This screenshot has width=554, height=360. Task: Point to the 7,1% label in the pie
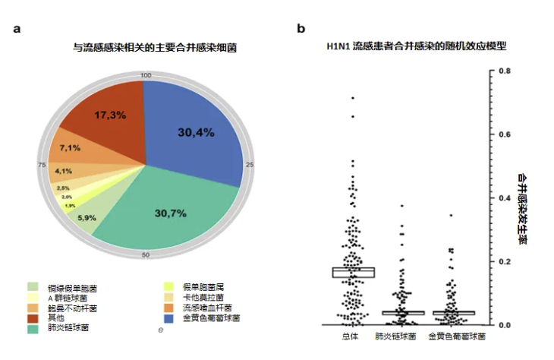click(70, 147)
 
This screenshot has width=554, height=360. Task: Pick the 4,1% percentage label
click(63, 171)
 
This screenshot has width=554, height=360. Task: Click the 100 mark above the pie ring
click(146, 75)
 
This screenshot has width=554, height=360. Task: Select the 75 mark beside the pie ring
click(42, 164)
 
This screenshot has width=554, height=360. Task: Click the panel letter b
click(301, 28)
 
